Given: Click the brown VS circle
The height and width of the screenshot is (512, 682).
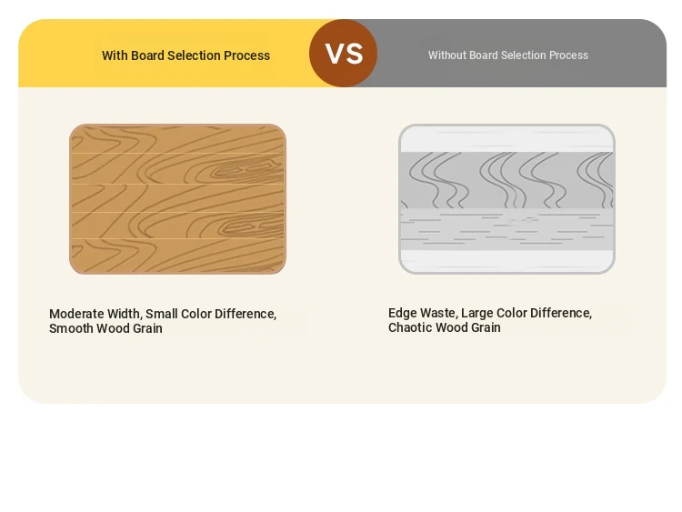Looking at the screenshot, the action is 343,53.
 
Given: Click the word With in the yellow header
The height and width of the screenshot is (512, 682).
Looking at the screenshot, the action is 115,55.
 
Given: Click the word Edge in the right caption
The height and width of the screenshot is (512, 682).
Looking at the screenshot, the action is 400,313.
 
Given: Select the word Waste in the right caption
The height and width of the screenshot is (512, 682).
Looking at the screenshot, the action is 436,313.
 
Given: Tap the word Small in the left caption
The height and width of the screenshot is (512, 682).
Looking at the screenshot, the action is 161,314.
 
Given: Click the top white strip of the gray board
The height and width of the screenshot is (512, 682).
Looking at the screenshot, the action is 506,139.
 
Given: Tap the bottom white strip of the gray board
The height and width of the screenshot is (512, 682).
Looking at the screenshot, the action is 506,261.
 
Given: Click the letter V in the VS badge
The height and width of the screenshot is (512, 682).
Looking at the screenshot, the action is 334,54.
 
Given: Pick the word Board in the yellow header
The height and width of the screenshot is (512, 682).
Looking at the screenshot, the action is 147,55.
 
